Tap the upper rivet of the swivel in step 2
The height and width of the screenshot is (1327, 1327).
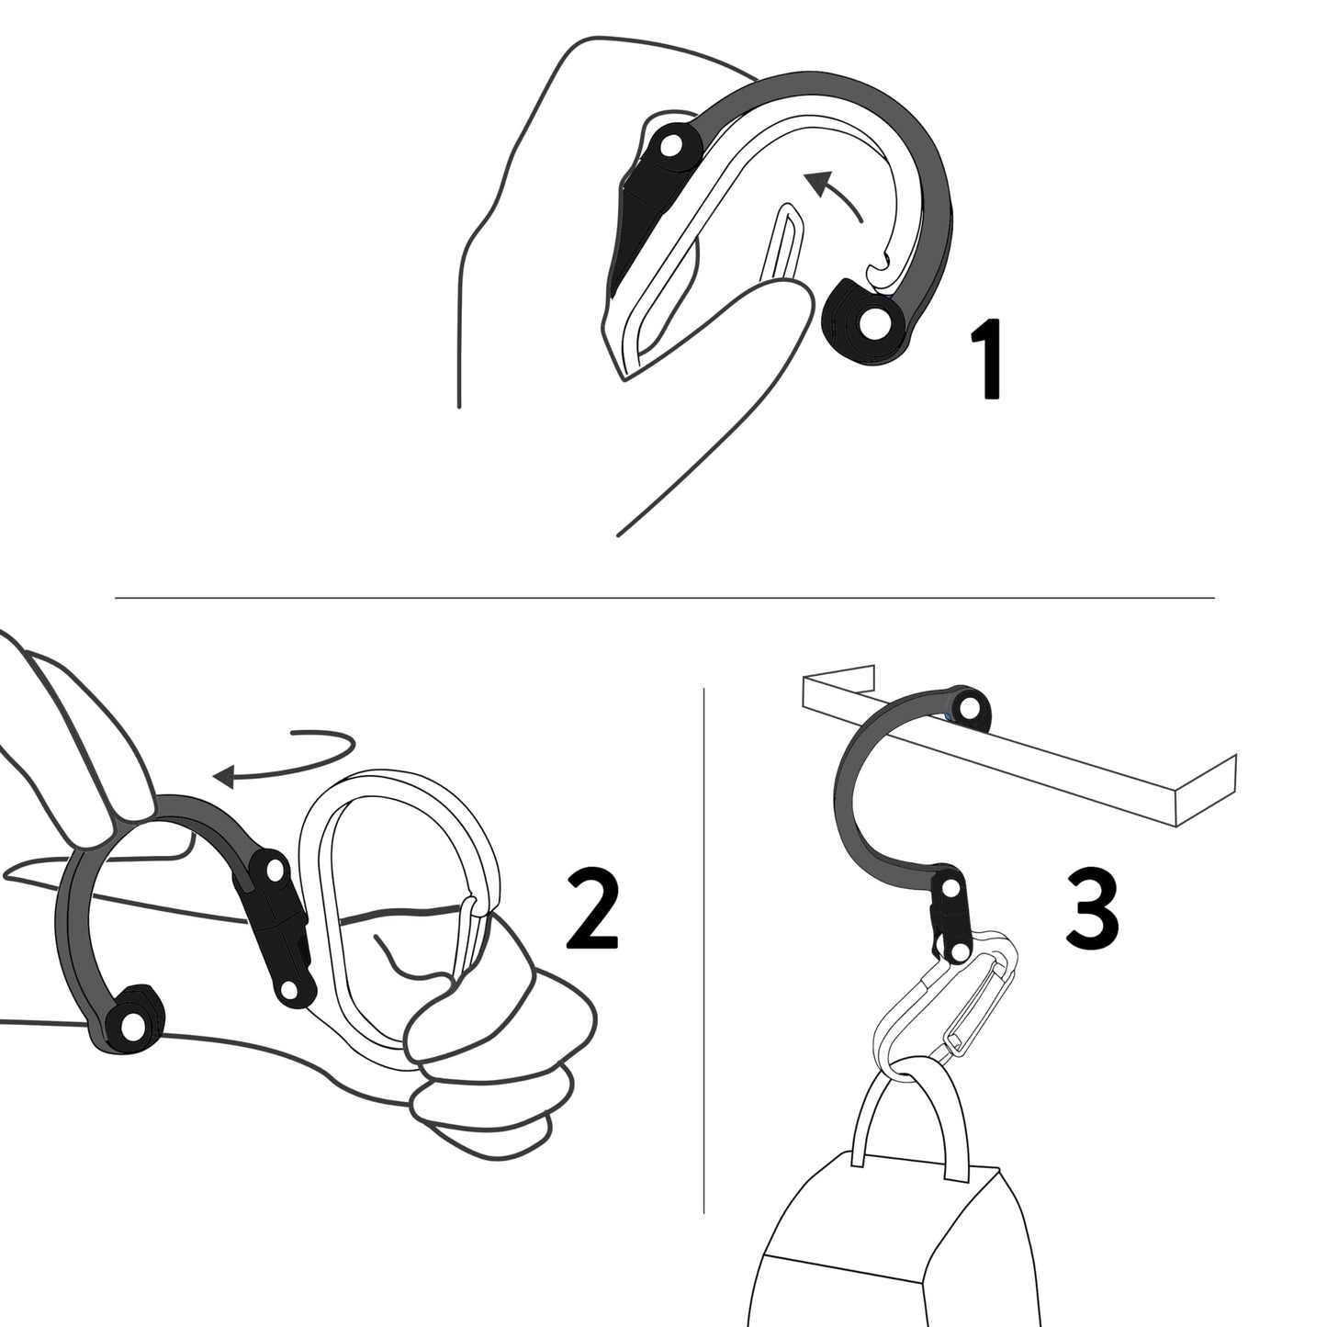(273, 866)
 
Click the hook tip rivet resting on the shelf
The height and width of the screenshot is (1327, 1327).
(968, 707)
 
